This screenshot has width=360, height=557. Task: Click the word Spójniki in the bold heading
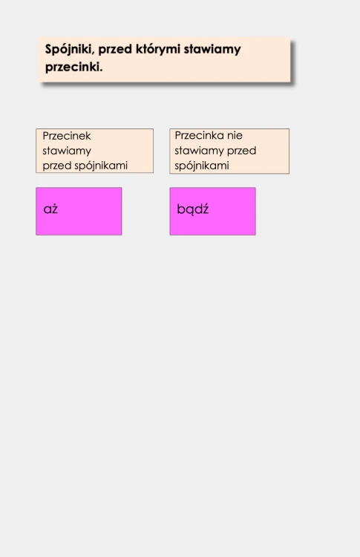68,50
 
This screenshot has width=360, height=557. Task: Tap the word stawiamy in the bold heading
212,50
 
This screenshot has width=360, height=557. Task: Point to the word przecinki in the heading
72,67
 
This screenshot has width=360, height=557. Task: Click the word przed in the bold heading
115,50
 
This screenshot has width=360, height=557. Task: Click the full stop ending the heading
101,71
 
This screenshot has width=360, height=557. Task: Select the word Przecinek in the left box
67,136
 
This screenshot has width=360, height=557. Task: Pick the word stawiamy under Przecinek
67,151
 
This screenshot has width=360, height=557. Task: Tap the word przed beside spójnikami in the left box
57,166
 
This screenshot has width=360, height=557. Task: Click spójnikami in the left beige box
101,166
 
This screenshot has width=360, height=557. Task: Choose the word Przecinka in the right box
199,135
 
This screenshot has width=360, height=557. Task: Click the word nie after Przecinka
235,135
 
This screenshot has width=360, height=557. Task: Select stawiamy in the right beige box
199,151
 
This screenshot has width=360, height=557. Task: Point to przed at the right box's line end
241,151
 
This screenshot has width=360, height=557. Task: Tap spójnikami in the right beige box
202,166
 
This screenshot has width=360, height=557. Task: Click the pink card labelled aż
79,212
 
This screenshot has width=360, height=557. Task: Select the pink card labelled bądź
213,212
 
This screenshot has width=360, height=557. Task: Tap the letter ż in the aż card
54,209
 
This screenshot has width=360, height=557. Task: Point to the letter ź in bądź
205,209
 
